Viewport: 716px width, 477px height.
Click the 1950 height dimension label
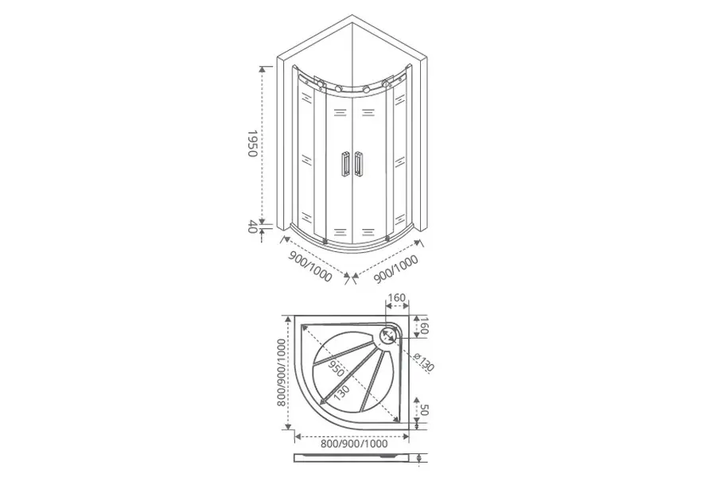pos(252,143)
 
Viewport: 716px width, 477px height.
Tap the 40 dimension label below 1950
pos(252,227)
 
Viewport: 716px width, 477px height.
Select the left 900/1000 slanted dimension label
pos(310,267)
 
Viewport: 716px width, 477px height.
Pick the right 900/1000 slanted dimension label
pos(396,269)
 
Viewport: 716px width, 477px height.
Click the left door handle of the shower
pos(344,164)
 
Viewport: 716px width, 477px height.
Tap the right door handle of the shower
pos(359,164)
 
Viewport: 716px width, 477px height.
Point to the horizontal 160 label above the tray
pos(396,297)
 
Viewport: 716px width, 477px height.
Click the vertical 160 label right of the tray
pos(423,325)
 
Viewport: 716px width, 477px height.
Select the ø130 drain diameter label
pos(424,363)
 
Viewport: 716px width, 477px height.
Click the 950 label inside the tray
pos(337,366)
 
